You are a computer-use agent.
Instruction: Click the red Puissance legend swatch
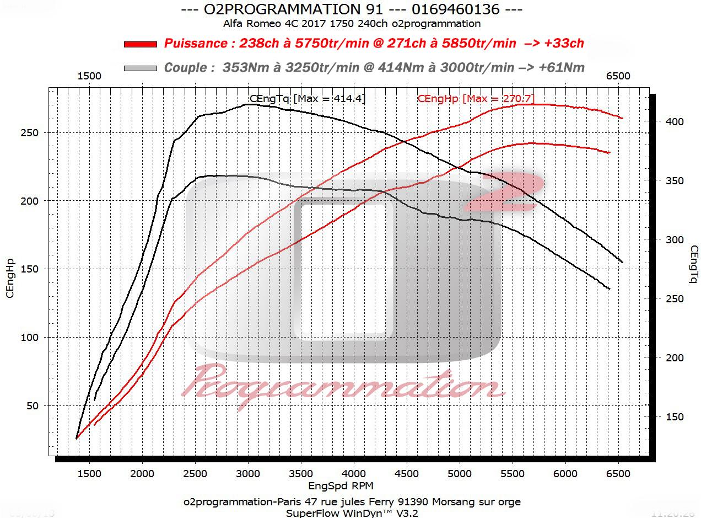141,44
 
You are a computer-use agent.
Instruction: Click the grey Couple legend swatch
141,68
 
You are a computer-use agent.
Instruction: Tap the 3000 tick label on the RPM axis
248,473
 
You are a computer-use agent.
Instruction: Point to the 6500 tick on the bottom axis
618,473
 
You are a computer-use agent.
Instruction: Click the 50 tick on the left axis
33,406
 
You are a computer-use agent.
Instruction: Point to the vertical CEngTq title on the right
693,265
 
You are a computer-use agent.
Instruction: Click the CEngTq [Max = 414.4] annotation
308,99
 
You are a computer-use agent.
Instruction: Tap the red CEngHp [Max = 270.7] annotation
476,99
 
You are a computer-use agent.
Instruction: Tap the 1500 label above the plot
89,76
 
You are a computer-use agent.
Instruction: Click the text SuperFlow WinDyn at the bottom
333,513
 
